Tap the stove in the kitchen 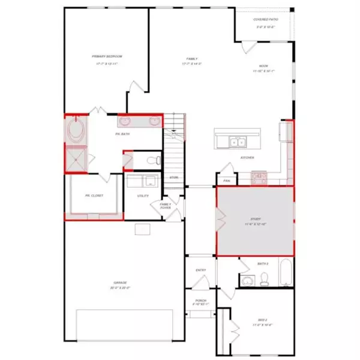(x=259, y=176)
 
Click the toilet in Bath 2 (x=264, y=279)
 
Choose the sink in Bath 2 (x=247, y=280)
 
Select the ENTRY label (x=201, y=270)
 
